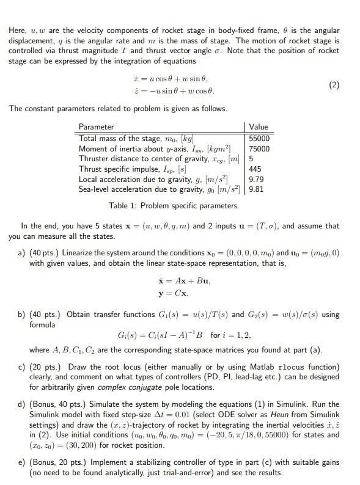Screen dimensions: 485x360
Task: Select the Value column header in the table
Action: pos(259,127)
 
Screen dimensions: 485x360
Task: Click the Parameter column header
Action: pos(97,127)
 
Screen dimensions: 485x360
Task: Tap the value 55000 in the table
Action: pos(260,139)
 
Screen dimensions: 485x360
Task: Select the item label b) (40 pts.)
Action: pos(40,315)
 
